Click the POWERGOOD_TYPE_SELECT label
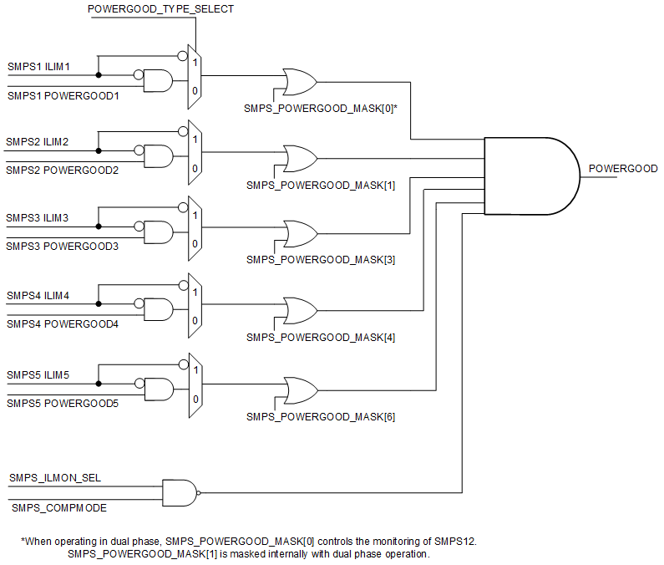(160, 9)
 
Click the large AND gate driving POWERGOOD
(531, 176)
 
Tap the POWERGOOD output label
(623, 169)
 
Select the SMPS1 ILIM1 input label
(39, 65)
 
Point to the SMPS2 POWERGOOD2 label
(63, 171)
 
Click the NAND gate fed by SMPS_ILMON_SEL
(180, 492)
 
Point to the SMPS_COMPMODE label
(58, 507)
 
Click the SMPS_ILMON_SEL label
(55, 477)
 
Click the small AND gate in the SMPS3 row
(158, 232)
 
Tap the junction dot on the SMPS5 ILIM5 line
(99, 384)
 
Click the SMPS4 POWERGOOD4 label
(63, 324)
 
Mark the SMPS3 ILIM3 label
(38, 218)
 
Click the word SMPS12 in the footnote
(453, 542)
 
